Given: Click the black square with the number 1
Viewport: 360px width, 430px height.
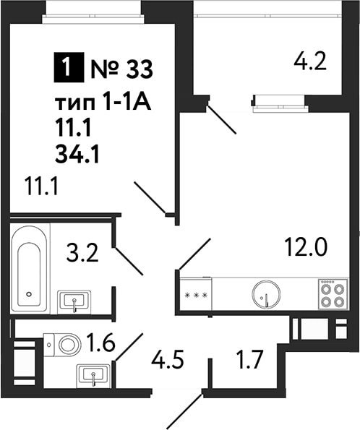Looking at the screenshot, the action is click(69, 67).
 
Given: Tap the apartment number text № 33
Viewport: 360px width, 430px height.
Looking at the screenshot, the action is click(121, 69).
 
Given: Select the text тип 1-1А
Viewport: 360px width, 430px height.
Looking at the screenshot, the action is click(103, 103).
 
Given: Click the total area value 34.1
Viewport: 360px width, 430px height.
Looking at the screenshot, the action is click(77, 155).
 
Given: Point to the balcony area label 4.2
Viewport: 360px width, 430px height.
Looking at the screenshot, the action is click(310, 61).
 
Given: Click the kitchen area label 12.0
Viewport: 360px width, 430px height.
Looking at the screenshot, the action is click(306, 247).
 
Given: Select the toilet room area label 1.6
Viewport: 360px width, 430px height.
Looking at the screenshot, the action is click(100, 343).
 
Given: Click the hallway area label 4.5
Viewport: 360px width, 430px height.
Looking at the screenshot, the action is click(167, 360).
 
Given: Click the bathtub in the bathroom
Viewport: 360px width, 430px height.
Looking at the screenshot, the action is click(30, 268).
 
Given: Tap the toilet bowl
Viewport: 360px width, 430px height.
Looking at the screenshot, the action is click(63, 345).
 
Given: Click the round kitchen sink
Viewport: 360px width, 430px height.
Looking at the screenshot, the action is click(267, 294).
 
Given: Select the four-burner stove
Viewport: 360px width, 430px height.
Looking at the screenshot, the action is click(333, 293).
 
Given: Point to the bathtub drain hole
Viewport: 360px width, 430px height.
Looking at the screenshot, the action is click(29, 294).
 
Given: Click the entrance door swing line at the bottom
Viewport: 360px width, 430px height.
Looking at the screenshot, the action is click(185, 408).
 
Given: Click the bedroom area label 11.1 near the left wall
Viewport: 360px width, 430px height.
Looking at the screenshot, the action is click(41, 186).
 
